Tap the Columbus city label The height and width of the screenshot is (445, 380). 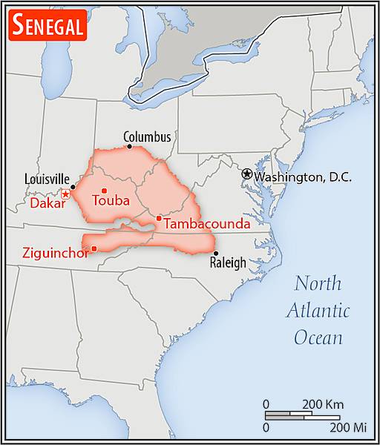click(x=147, y=137)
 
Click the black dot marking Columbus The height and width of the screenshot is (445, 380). click(x=130, y=146)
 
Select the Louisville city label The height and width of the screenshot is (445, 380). click(x=47, y=179)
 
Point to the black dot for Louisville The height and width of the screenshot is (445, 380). click(x=73, y=187)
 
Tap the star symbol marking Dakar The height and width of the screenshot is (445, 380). click(x=66, y=194)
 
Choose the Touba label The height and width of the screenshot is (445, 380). click(x=111, y=201)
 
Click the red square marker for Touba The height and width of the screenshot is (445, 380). click(x=104, y=191)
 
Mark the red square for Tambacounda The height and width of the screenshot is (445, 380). click(x=159, y=218)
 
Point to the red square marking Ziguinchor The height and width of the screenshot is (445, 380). click(x=94, y=248)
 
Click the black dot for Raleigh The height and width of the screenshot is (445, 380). click(x=215, y=254)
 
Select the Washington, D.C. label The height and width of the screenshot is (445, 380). click(x=302, y=177)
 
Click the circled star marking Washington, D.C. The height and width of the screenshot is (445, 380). click(x=246, y=173)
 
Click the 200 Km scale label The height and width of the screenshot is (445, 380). click(x=323, y=404)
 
